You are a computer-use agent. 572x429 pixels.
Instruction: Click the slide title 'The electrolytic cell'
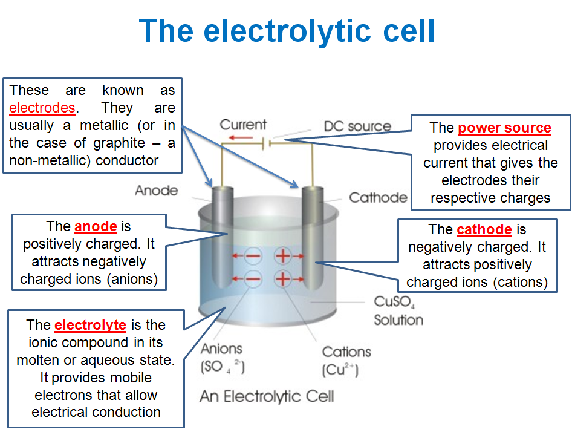pos(287,30)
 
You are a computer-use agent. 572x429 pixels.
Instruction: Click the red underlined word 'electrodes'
pos(42,108)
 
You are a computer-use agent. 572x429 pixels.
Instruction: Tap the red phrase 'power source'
pos(504,128)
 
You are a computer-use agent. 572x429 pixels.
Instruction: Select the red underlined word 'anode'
pos(96,227)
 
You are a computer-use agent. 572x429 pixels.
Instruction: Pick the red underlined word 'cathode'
pos(484,230)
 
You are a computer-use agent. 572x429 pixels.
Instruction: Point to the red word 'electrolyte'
pos(90,325)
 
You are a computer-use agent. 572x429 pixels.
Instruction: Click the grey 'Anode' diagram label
pos(156,191)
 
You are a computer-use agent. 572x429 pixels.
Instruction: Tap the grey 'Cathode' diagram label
pos(378,198)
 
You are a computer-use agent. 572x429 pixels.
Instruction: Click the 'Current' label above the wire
pos(243,125)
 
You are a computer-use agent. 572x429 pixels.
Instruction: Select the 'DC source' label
pos(357,127)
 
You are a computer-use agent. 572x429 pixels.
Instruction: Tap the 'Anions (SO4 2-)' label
pos(222,358)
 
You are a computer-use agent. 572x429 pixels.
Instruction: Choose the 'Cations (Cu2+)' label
pos(345,361)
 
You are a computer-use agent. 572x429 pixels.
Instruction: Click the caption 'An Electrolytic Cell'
pos(266,397)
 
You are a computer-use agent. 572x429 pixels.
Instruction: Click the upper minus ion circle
pos(255,256)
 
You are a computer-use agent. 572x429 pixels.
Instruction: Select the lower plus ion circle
pos(283,279)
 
